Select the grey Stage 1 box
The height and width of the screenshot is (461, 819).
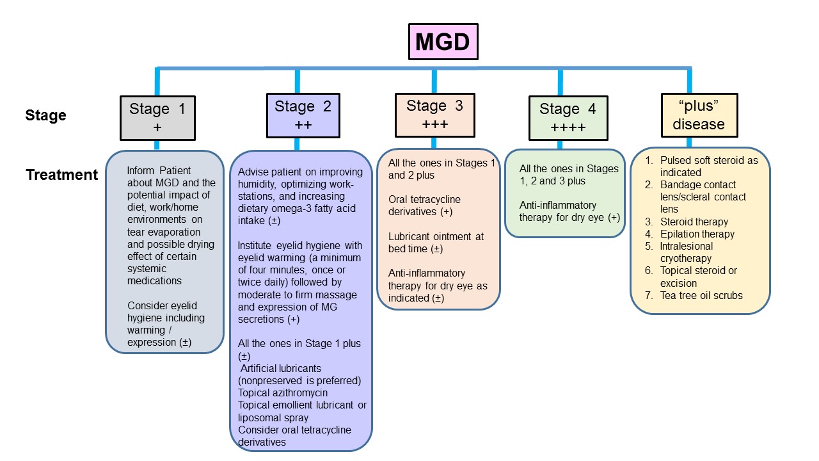coord(157,118)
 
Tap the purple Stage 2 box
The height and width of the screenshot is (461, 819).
coord(303,115)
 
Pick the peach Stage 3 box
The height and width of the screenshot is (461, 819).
coord(434,115)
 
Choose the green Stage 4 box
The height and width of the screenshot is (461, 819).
coord(568,118)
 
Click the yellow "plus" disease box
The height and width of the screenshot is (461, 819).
coord(698,115)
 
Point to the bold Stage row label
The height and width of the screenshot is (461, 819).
coord(45,115)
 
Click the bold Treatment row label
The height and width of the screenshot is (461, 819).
coord(62,175)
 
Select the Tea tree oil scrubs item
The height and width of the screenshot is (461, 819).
coord(701,295)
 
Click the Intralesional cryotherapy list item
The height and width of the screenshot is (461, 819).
coord(687,252)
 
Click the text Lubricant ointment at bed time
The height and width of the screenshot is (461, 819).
coord(436,243)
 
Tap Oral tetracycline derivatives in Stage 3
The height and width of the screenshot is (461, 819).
coord(425,206)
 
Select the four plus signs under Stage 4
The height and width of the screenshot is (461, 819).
coord(568,127)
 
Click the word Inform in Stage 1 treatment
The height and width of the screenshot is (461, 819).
coord(140,171)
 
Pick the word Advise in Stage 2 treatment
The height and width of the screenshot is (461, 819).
coord(252,172)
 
